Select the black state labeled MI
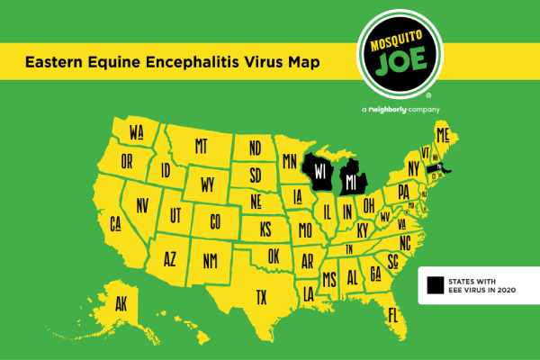tap(353, 183)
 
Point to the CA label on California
tap(116, 222)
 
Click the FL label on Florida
tap(392, 315)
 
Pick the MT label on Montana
tap(201, 145)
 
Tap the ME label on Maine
tap(442, 135)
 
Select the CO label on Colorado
tap(214, 220)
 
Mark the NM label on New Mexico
tap(210, 261)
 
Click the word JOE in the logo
tap(404, 67)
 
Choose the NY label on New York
tap(413, 168)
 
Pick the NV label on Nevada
tap(142, 206)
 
